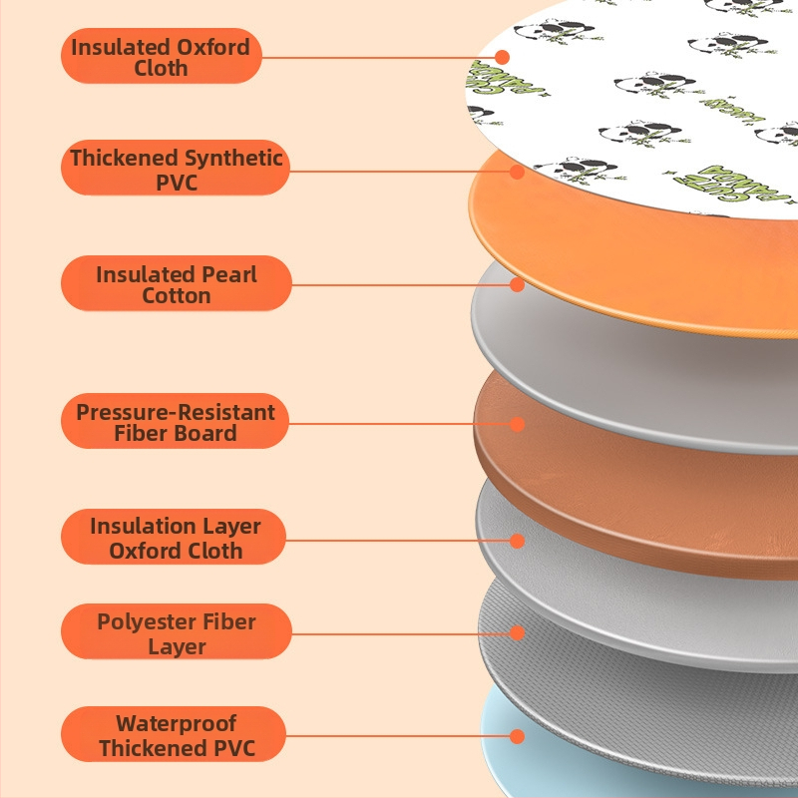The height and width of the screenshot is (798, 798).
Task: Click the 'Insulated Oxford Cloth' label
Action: pos(161,57)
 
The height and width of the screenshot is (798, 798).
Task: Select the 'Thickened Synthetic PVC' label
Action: pos(176,170)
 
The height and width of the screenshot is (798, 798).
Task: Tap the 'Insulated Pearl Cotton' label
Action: pos(176,284)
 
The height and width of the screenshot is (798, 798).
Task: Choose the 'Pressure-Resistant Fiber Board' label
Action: pos(176,422)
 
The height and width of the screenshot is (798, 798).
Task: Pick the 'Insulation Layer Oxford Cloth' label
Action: pos(176,538)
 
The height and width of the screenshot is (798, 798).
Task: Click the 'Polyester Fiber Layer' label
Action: pos(176,633)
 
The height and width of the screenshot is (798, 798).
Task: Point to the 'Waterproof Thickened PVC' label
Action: pos(176,735)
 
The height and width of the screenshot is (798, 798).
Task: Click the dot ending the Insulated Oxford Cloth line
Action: pos(503,57)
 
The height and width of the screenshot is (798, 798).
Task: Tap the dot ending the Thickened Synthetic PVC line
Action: pos(517,171)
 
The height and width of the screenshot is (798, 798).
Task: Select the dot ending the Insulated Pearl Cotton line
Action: pos(517,284)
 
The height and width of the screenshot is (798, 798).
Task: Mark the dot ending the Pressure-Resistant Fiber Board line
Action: pos(517,423)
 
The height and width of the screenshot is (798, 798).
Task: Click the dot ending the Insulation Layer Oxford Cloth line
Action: pos(517,540)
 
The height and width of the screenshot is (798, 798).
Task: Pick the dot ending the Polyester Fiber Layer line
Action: pos(517,632)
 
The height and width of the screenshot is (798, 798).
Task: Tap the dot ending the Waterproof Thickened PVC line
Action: pos(517,737)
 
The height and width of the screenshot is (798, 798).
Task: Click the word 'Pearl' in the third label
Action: pos(229,274)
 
